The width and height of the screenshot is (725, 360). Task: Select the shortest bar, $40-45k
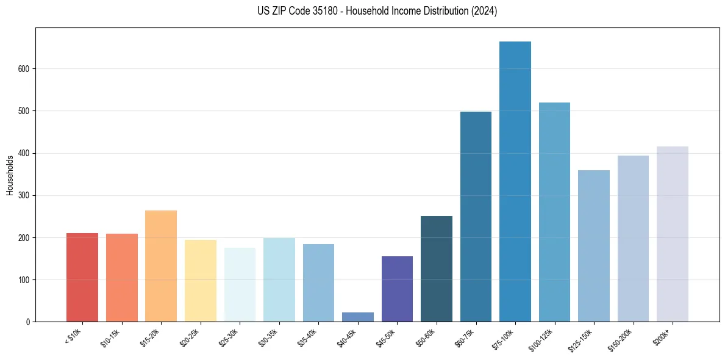click(x=358, y=317)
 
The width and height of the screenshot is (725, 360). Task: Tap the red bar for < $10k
click(x=82, y=278)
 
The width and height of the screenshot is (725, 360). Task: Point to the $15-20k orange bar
click(x=161, y=266)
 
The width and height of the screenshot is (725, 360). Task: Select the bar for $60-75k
click(x=476, y=217)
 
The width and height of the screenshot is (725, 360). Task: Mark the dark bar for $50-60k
click(x=437, y=269)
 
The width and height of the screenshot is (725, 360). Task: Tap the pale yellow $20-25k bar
click(x=201, y=281)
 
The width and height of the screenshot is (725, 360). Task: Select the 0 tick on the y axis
click(x=27, y=322)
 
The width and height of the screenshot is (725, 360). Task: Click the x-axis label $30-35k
click(x=272, y=338)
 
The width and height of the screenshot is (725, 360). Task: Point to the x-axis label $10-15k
click(x=115, y=338)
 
